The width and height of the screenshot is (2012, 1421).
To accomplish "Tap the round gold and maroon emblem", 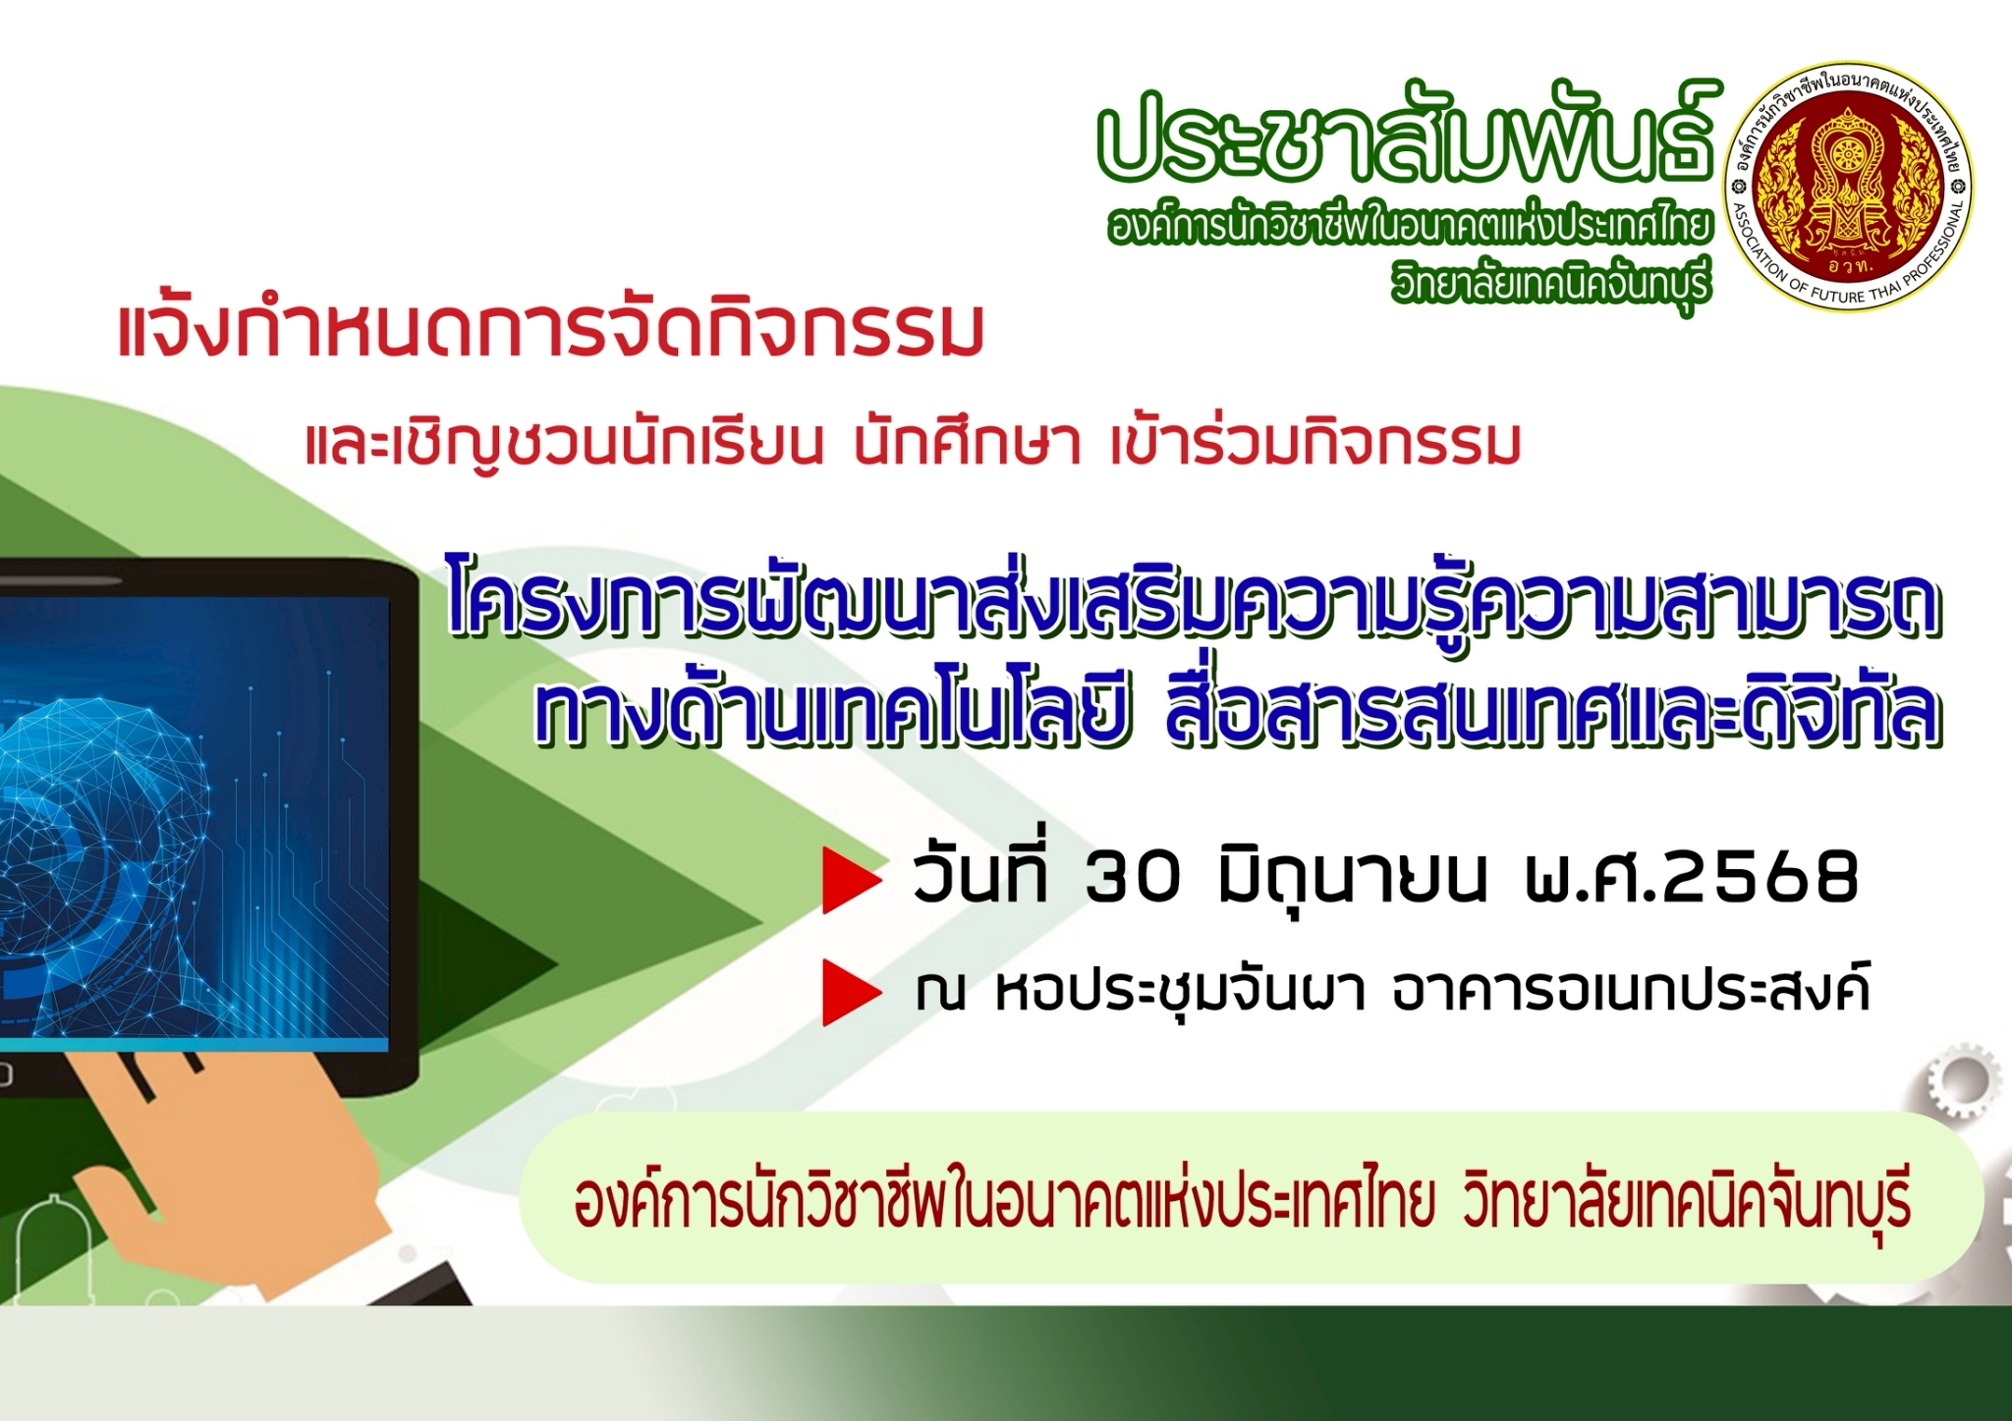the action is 1848,188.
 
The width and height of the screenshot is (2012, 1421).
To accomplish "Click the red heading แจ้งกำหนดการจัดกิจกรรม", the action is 551,331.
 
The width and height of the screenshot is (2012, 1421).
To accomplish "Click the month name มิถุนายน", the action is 1352,879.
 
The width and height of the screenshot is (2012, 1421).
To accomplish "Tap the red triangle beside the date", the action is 852,882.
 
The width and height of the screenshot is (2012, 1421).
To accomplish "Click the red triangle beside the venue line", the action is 852,994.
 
